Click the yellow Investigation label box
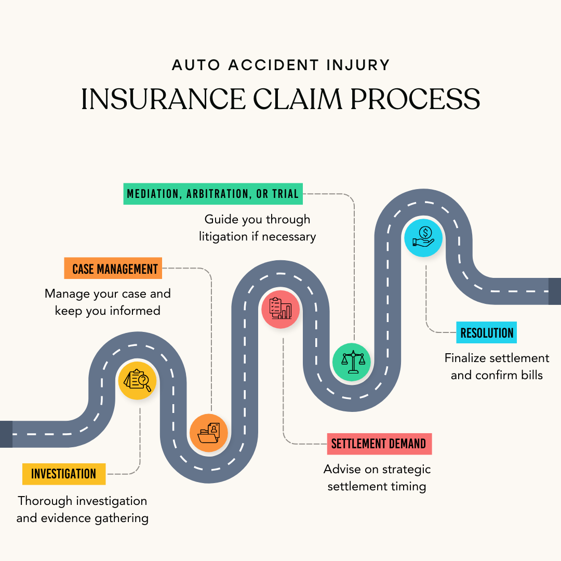pos(64,474)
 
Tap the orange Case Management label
pos(113,269)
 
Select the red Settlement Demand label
pos(379,444)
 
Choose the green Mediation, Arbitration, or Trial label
pos(213,194)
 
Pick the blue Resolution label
pos(487,333)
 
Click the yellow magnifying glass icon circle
pos(137,380)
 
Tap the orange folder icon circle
pos(209,433)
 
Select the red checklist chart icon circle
pos(280,310)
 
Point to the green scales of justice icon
pos(352,362)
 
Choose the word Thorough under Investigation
pos(45,501)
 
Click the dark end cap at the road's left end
pos(6,434)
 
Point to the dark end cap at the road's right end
pos(555,291)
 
